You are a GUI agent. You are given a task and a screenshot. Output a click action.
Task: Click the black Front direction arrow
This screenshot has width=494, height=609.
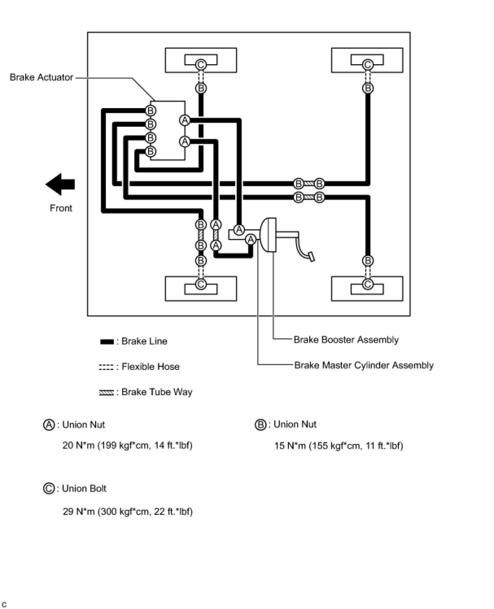click(60, 184)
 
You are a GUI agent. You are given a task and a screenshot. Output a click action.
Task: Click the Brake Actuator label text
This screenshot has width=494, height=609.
click(42, 77)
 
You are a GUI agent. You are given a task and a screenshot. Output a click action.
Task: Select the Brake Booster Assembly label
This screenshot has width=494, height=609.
click(346, 339)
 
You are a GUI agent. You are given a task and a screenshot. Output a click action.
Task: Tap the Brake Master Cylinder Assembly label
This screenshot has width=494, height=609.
click(364, 365)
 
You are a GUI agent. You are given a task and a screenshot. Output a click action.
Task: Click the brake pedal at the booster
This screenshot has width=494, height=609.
click(311, 257)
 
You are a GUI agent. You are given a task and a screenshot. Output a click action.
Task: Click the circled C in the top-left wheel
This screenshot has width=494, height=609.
click(201, 65)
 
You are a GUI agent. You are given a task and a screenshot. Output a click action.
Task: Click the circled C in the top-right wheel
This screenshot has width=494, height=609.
click(367, 65)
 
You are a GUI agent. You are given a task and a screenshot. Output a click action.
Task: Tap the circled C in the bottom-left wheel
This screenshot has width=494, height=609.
click(201, 284)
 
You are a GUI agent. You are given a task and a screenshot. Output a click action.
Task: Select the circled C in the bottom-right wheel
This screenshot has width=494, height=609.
click(367, 284)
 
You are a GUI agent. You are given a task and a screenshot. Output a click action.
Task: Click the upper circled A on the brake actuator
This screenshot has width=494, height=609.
click(185, 120)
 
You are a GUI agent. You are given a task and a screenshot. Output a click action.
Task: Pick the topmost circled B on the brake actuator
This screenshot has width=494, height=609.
click(151, 111)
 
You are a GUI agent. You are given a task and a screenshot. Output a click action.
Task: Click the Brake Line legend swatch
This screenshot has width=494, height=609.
click(107, 341)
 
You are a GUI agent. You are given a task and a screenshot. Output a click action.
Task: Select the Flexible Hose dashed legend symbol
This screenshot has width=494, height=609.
click(106, 367)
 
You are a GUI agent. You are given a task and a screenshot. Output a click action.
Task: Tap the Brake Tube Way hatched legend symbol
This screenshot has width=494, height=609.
click(107, 393)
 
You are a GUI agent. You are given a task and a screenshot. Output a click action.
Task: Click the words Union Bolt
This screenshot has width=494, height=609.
click(84, 488)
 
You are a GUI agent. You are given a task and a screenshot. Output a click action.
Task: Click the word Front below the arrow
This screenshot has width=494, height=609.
click(61, 208)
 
